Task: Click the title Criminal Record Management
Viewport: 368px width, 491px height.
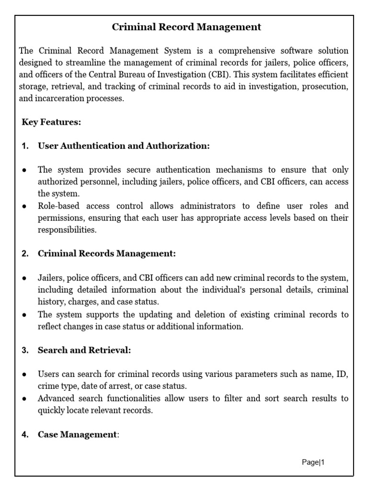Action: pyautogui.click(x=186, y=27)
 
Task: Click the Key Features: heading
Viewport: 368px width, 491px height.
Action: pyautogui.click(x=51, y=122)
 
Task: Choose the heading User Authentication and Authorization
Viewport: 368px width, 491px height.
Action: pyautogui.click(x=124, y=146)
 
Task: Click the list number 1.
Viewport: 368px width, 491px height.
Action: pyautogui.click(x=25, y=146)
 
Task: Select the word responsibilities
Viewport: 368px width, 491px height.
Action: pyautogui.click(x=67, y=230)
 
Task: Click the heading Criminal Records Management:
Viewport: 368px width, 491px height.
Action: pyautogui.click(x=107, y=254)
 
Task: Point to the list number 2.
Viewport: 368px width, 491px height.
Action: pyautogui.click(x=25, y=254)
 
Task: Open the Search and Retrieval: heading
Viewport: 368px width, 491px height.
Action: pyautogui.click(x=84, y=350)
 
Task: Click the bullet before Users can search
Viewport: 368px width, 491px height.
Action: pyautogui.click(x=24, y=374)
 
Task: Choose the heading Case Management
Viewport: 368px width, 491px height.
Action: pyautogui.click(x=77, y=434)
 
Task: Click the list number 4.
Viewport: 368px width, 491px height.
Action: pyautogui.click(x=25, y=435)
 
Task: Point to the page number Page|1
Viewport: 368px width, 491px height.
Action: pyautogui.click(x=313, y=462)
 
